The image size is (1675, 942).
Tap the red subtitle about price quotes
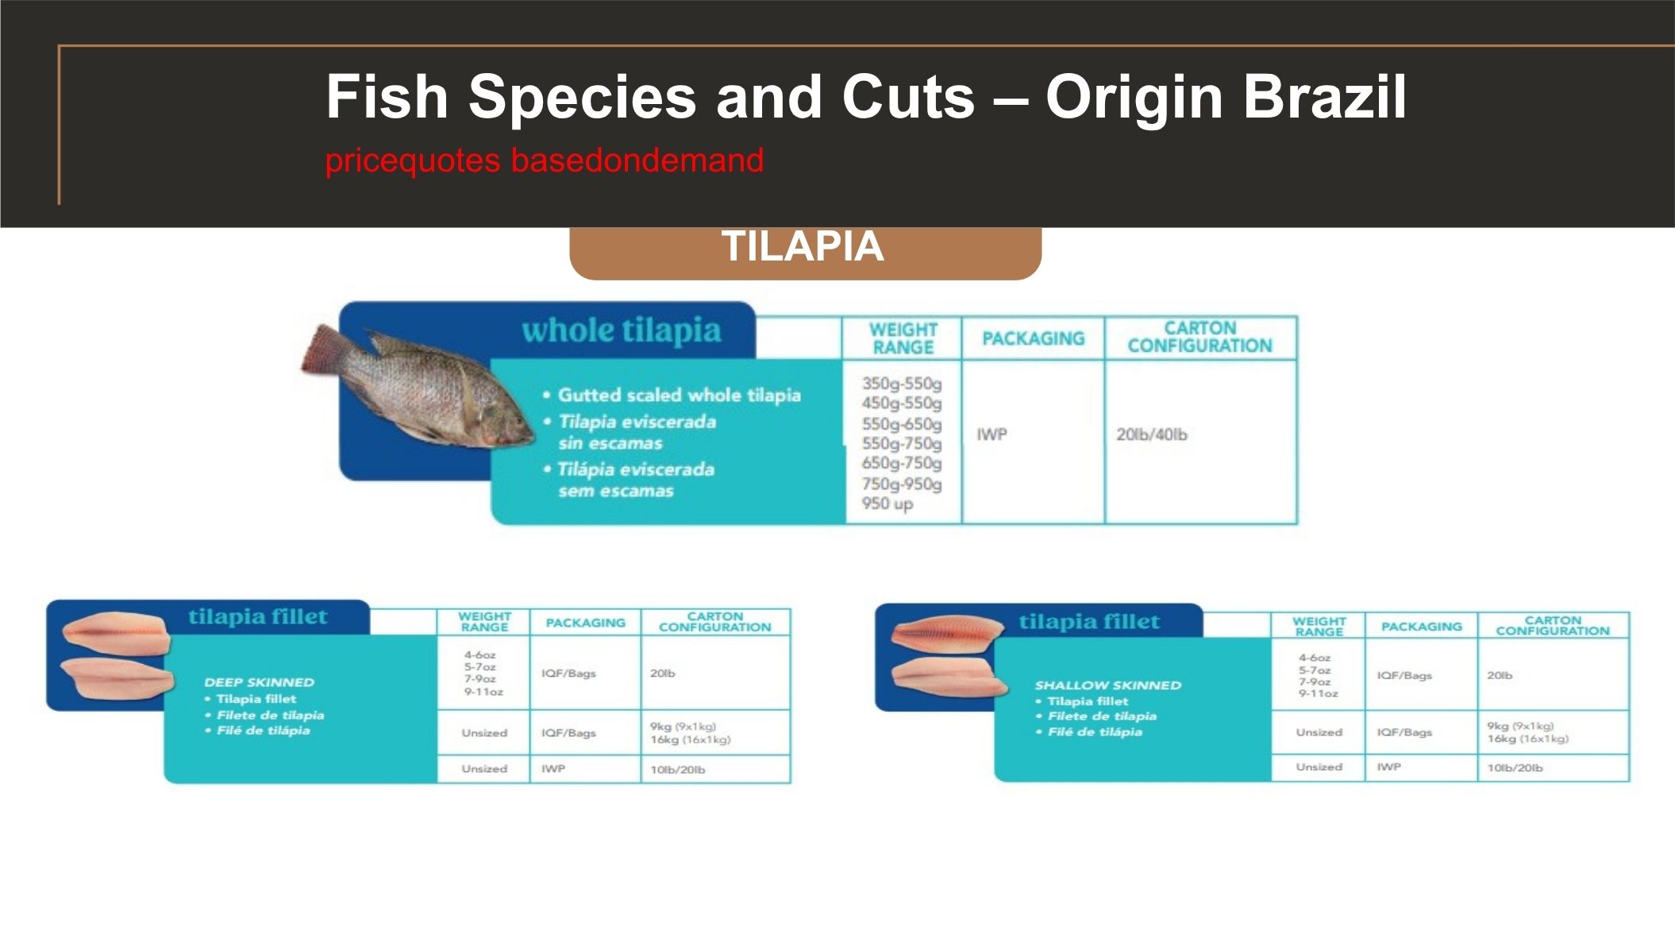[x=545, y=160]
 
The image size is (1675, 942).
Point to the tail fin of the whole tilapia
[x=325, y=349]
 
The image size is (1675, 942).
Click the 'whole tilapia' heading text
[x=622, y=330]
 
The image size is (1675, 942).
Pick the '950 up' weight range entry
[x=888, y=504]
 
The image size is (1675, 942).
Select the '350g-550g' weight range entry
[x=902, y=384]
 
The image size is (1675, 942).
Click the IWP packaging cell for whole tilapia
[x=992, y=434]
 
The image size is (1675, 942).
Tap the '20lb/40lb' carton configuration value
[x=1152, y=434]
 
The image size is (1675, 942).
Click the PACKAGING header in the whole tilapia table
[x=1034, y=338]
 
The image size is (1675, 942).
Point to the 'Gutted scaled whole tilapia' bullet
[x=680, y=395]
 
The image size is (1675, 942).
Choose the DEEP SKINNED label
[x=260, y=682]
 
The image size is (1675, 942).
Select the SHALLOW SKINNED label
[x=1108, y=685]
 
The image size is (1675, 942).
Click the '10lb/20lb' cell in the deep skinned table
[x=678, y=770]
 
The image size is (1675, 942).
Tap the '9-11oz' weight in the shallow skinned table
[x=1318, y=693]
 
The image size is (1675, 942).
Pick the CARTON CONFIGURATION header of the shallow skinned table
[x=1553, y=626]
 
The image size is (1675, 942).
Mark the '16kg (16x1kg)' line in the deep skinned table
[x=691, y=739]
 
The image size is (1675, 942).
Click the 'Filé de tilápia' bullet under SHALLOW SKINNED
[x=1089, y=732]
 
